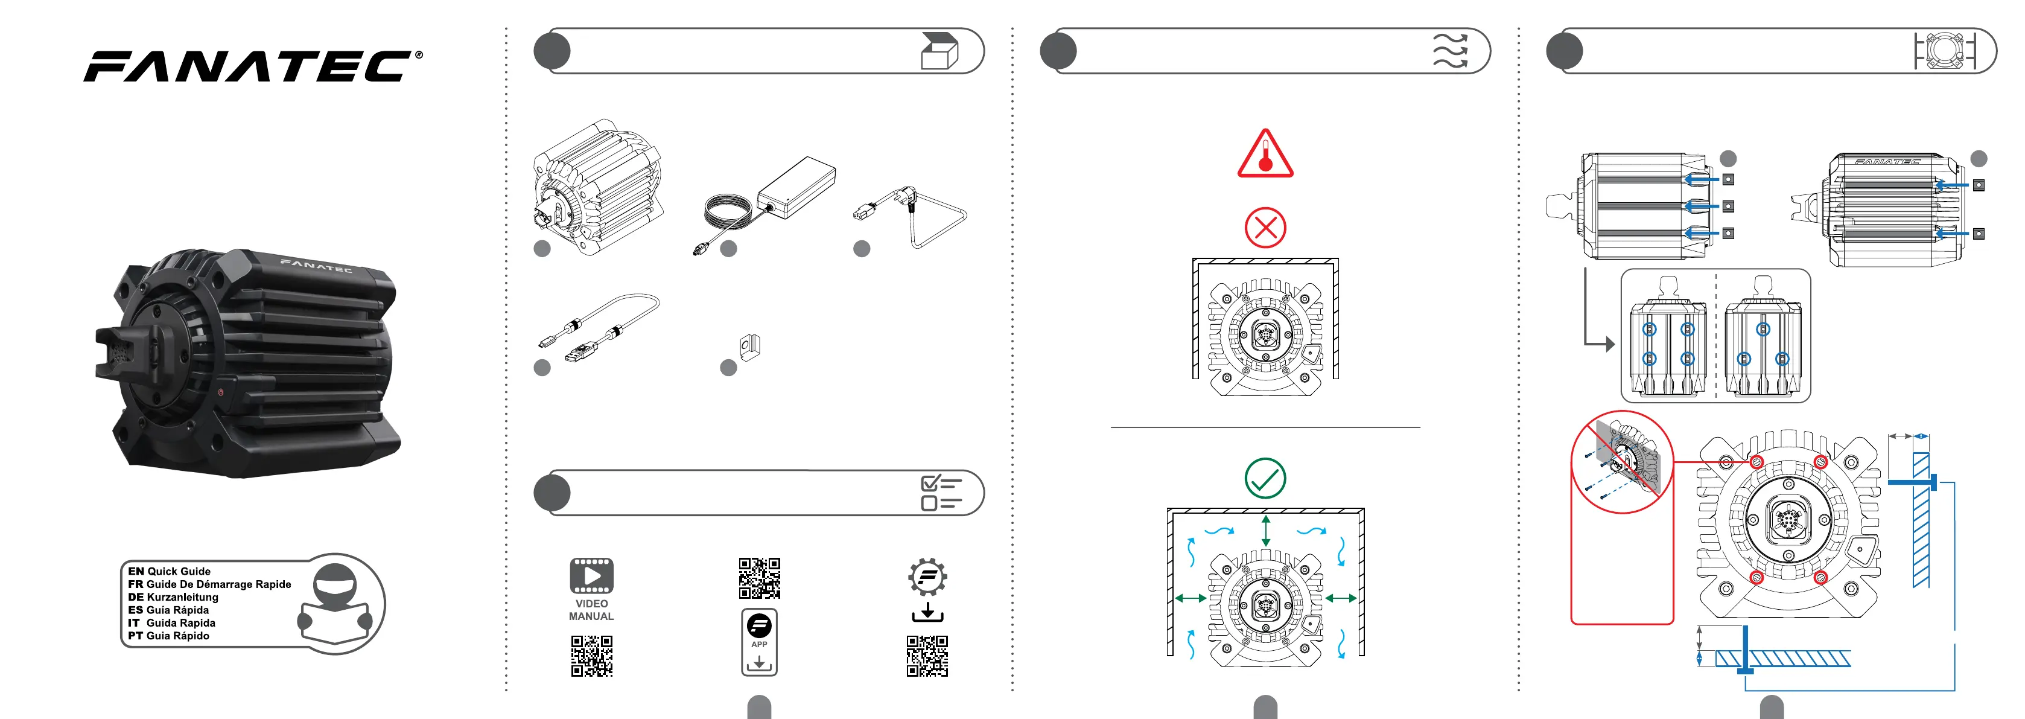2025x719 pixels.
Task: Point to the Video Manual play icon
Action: click(x=592, y=576)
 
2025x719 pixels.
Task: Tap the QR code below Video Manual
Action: click(x=592, y=656)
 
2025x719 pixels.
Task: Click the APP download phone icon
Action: click(x=759, y=642)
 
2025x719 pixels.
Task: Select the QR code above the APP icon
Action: click(x=759, y=579)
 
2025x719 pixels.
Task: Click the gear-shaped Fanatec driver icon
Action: click(x=927, y=577)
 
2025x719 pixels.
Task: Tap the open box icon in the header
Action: click(x=939, y=51)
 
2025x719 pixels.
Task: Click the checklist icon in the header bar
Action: click(x=941, y=493)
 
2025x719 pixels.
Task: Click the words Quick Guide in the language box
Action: click(x=179, y=571)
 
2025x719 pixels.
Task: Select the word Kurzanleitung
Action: click(x=182, y=597)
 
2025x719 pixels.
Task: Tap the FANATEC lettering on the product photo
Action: click(x=316, y=265)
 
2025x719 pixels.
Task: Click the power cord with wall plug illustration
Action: click(x=911, y=216)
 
